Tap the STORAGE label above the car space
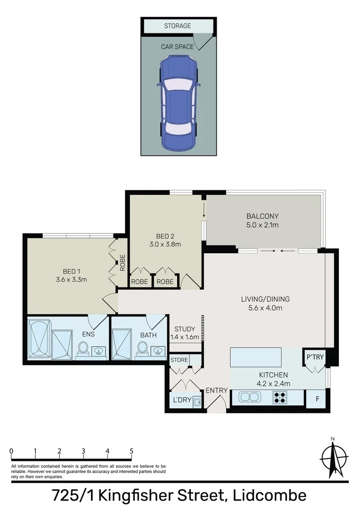point(178,26)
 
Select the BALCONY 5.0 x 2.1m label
point(262,221)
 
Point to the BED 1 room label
point(72,275)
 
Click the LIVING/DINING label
point(265,303)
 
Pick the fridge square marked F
point(317,399)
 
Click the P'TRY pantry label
point(315,357)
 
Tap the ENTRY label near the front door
point(216,390)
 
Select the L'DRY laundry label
point(181,402)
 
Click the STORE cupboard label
point(179,360)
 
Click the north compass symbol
point(334,457)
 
